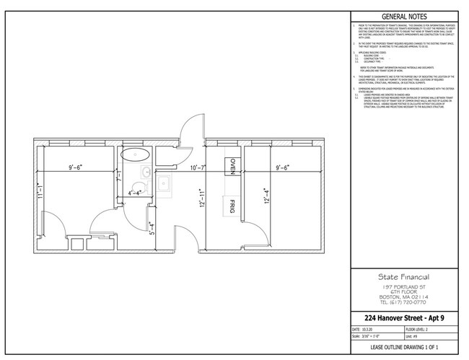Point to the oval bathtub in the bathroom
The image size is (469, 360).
pyautogui.click(x=134, y=154)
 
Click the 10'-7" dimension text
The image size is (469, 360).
pyautogui.click(x=199, y=168)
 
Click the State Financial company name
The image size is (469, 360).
pyautogui.click(x=404, y=276)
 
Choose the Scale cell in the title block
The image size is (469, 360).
pyautogui.click(x=368, y=335)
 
